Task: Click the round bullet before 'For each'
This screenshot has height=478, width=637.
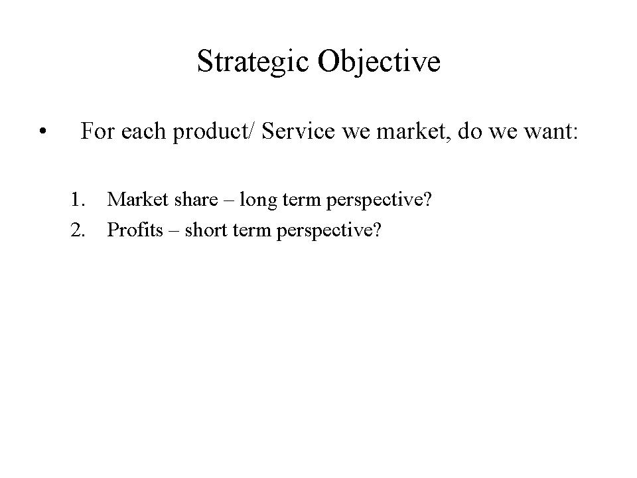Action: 42,131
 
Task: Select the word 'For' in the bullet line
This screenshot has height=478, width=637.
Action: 97,131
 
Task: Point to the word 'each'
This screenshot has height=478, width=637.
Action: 143,131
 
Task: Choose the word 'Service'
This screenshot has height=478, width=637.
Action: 298,131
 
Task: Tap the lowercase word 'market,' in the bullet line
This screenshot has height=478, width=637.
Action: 413,131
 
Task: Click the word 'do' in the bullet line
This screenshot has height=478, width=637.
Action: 470,131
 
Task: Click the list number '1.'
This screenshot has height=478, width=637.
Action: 78,199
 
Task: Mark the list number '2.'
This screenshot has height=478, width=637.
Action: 78,230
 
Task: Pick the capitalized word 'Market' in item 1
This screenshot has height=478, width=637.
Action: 138,199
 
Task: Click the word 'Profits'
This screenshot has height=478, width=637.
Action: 135,230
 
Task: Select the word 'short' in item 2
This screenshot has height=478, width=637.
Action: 206,230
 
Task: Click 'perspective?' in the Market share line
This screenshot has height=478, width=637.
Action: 379,200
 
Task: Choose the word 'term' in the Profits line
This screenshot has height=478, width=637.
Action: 252,230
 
